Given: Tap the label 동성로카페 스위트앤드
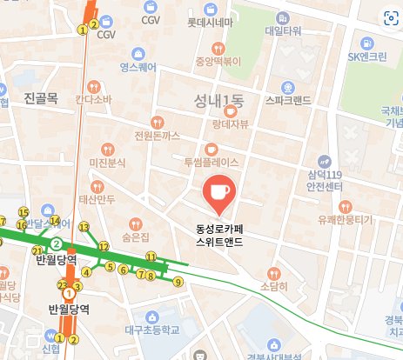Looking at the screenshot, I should [219, 237].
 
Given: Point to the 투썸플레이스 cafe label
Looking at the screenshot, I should [211, 162].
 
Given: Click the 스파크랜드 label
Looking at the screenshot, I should [287, 100].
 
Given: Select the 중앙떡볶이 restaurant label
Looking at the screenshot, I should [217, 61].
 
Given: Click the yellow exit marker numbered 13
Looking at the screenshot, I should [84, 227].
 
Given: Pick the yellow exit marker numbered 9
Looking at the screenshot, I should [178, 282].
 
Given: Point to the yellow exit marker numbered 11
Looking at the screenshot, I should [151, 257].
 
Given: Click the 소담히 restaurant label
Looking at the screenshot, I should [273, 284].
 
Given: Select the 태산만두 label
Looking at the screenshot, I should [97, 199].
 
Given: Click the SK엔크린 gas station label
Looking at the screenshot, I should [366, 57].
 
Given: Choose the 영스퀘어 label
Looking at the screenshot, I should [138, 65].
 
